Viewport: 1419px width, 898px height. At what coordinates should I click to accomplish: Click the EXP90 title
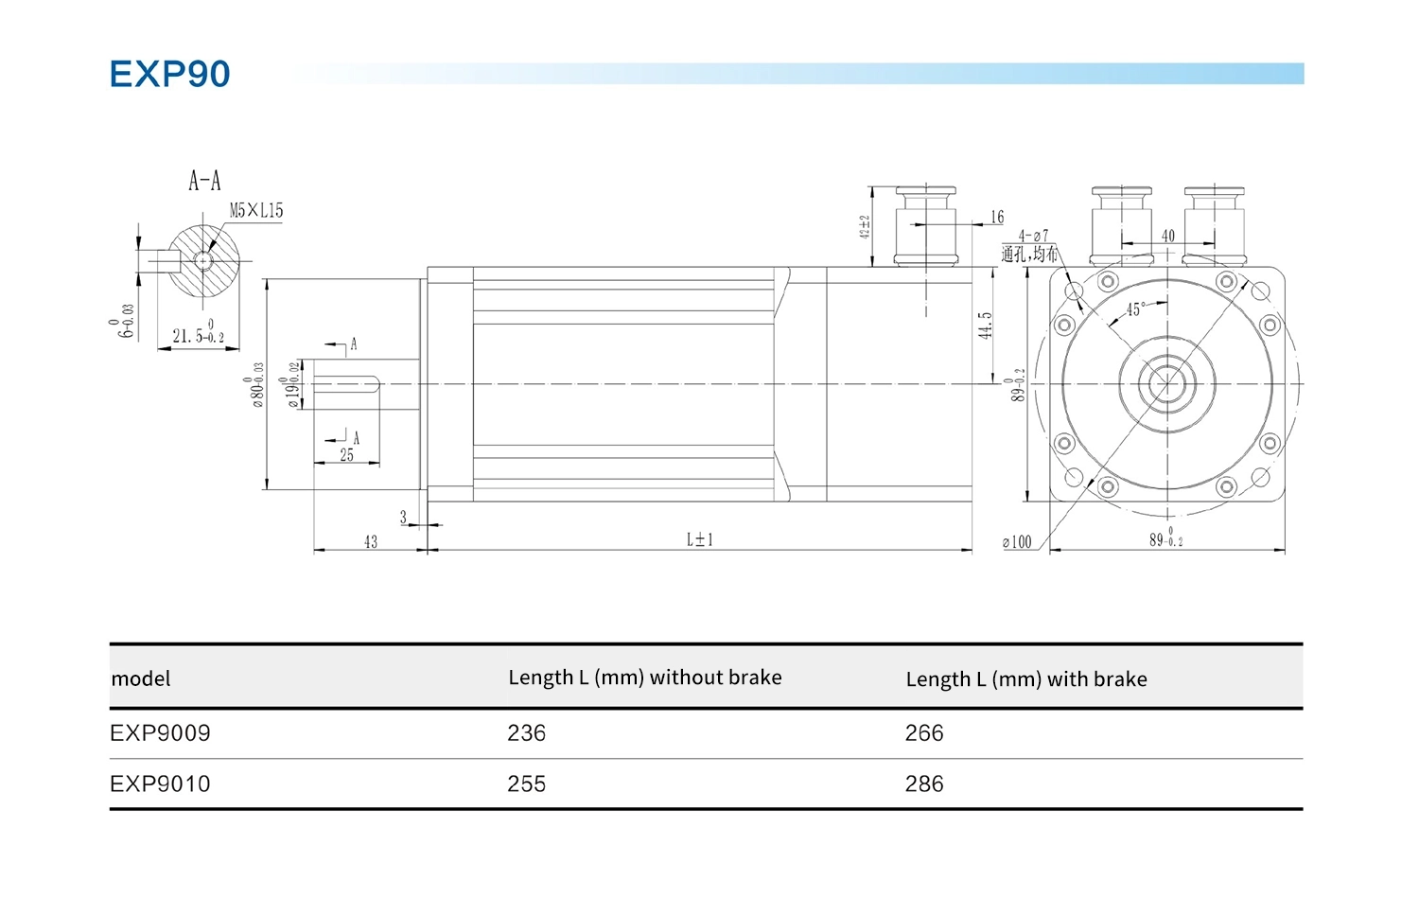pyautogui.click(x=169, y=74)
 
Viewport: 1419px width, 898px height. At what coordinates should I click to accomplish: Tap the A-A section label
pyautogui.click(x=204, y=181)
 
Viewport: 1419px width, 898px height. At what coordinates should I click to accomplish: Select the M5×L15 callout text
pyautogui.click(x=256, y=211)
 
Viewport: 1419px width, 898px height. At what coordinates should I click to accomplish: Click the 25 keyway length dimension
pyautogui.click(x=347, y=455)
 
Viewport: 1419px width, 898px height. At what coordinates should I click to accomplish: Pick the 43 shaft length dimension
pyautogui.click(x=371, y=541)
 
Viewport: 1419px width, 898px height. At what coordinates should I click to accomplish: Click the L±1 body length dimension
pyautogui.click(x=700, y=539)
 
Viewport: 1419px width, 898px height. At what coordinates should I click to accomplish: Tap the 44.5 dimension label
pyautogui.click(x=986, y=326)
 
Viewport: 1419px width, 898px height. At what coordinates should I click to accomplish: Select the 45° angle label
pyautogui.click(x=1135, y=309)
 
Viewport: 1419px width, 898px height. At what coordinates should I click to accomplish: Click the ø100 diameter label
pyautogui.click(x=1017, y=542)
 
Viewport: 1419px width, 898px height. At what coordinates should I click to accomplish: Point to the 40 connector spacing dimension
pyautogui.click(x=1168, y=236)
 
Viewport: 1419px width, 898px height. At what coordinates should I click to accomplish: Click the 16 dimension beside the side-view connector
pyautogui.click(x=997, y=218)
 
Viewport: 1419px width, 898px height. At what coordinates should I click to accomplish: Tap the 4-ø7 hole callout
pyautogui.click(x=1033, y=236)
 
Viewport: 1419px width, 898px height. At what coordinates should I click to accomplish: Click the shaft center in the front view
pyautogui.click(x=1167, y=384)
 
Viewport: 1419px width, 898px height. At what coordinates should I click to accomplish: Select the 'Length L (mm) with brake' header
pyautogui.click(x=1026, y=679)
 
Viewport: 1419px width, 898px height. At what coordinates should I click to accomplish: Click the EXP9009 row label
pyautogui.click(x=160, y=733)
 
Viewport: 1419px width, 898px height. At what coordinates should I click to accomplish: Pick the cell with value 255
pyautogui.click(x=526, y=784)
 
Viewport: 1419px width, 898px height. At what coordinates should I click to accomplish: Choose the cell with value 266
pyautogui.click(x=924, y=733)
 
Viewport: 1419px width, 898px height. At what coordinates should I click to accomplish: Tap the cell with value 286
pyautogui.click(x=924, y=784)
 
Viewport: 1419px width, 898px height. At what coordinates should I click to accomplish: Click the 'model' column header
pyautogui.click(x=141, y=679)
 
